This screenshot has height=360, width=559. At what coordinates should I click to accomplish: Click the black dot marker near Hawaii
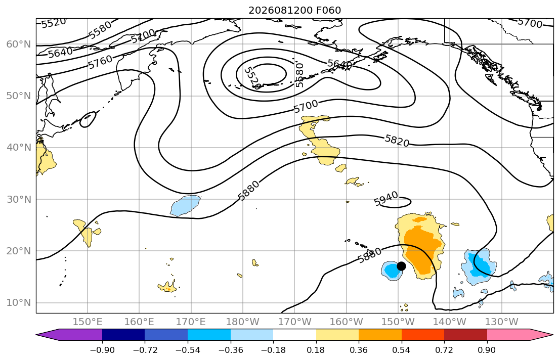pyautogui.click(x=401, y=266)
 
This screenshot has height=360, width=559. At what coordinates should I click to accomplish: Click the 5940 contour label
pyautogui.click(x=386, y=199)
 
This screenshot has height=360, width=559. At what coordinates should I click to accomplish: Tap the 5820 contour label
pyautogui.click(x=397, y=141)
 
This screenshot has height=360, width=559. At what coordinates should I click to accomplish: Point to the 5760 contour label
pyautogui.click(x=100, y=62)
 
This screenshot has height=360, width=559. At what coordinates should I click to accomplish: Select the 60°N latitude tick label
pyautogui.click(x=19, y=44)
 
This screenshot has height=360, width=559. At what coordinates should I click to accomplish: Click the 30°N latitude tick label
pyautogui.click(x=19, y=199)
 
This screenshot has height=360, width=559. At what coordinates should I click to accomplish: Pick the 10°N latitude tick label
pyautogui.click(x=19, y=303)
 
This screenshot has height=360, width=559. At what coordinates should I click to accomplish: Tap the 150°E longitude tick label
pyautogui.click(x=88, y=322)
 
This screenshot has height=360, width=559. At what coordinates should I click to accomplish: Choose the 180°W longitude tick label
pyautogui.click(x=243, y=322)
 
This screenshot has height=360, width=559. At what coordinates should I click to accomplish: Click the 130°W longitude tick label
pyautogui.click(x=502, y=322)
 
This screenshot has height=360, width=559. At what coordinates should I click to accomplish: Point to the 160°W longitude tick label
pyautogui.click(x=347, y=322)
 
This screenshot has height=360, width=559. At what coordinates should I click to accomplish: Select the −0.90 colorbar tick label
pyautogui.click(x=102, y=350)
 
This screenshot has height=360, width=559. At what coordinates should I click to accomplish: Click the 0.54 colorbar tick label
pyautogui.click(x=402, y=350)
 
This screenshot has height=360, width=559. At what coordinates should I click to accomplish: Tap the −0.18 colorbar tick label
pyautogui.click(x=274, y=350)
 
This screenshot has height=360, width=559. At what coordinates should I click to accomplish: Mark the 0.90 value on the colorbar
pyautogui.click(x=487, y=350)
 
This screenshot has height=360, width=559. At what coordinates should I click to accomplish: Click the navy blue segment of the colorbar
pyautogui.click(x=124, y=335)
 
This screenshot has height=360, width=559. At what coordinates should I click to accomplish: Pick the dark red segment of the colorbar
pyautogui.click(x=465, y=335)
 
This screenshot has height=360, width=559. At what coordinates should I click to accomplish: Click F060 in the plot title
pyautogui.click(x=329, y=10)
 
